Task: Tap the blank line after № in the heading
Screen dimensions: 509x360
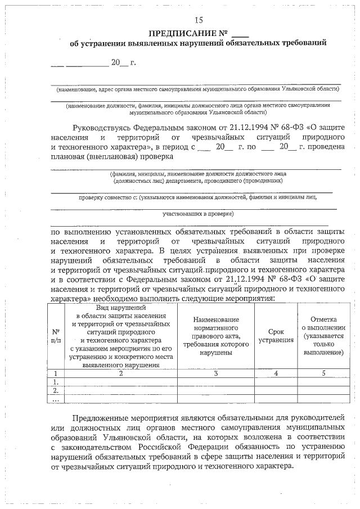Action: click(239, 33)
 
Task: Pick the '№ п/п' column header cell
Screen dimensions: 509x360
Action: click(56, 336)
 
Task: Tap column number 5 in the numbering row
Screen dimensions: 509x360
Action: click(323, 373)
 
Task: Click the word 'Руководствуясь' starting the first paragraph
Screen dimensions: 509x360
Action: click(104, 128)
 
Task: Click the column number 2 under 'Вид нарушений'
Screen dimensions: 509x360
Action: click(120, 373)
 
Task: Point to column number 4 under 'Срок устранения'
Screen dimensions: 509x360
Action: click(276, 373)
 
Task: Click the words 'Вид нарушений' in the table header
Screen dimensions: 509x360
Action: click(121, 308)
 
